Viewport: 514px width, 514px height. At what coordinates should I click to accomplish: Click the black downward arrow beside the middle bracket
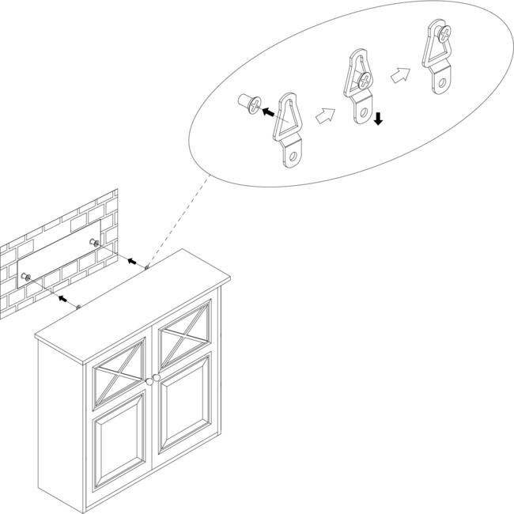[379, 119]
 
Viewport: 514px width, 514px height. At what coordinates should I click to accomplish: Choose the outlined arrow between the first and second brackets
[323, 116]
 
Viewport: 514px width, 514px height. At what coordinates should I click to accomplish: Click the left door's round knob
[149, 382]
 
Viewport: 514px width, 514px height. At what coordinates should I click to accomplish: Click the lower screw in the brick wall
[26, 277]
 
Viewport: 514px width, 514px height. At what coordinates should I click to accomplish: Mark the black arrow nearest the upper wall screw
[132, 261]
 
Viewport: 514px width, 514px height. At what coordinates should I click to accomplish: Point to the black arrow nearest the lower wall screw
[61, 299]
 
